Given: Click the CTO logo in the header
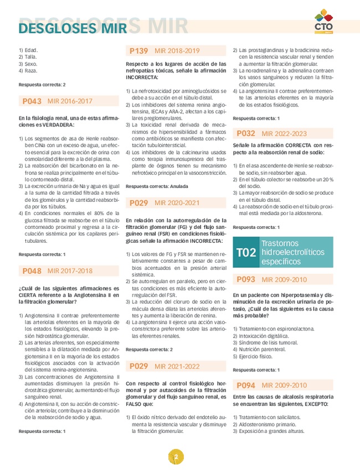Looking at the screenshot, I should [x=323, y=23].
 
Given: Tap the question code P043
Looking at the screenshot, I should [x=32, y=101].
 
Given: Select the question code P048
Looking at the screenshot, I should [x=32, y=271].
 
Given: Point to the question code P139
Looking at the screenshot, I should [x=139, y=51].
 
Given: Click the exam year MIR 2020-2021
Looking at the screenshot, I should [x=177, y=203].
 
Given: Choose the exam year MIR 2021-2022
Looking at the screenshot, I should [x=177, y=366].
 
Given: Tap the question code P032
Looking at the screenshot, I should [x=246, y=134].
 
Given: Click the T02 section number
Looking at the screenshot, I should [x=246, y=252].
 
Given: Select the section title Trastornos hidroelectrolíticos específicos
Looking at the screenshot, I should [x=292, y=252].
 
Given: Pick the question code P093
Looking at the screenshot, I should [x=246, y=279].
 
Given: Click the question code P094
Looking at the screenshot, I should [x=246, y=385].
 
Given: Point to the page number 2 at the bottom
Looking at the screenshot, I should [x=176, y=457].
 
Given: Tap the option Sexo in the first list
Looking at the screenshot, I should [x=29, y=64].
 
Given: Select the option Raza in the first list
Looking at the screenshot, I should [x=29, y=71].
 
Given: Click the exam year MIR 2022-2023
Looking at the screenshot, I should [x=284, y=134].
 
